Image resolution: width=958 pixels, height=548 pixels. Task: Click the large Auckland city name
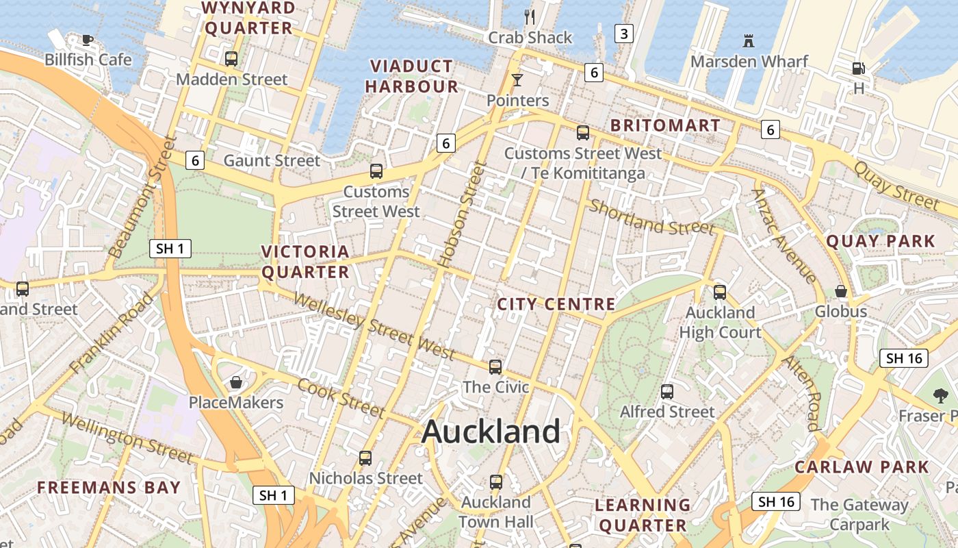tap(491, 432)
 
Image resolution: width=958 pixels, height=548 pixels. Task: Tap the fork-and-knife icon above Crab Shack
tap(529, 16)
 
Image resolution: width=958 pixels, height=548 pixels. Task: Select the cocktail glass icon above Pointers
tap(517, 80)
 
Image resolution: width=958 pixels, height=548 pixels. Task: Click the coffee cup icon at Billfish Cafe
tap(87, 40)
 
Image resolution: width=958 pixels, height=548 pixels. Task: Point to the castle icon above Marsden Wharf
tap(749, 41)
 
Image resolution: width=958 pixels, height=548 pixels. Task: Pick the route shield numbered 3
tap(623, 33)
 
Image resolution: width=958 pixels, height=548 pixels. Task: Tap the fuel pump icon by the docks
tap(858, 68)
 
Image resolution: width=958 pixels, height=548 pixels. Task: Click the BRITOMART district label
tap(665, 125)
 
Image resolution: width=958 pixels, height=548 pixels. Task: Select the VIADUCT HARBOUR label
tap(411, 76)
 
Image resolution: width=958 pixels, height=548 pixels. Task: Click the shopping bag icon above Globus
tap(840, 291)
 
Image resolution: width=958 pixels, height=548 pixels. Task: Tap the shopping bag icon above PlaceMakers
tap(236, 382)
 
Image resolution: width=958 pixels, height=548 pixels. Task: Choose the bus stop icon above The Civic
tap(495, 367)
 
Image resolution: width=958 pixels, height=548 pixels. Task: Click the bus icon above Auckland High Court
tap(720, 292)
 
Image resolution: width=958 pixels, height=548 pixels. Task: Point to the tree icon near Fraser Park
tap(940, 395)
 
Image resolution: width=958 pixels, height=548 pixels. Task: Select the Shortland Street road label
tap(651, 216)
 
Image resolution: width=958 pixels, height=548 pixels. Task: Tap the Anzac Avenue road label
tap(784, 235)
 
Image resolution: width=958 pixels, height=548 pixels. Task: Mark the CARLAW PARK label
tap(862, 467)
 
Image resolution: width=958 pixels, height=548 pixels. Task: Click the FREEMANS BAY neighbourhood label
tap(109, 488)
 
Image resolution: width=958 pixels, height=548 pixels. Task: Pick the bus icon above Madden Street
tap(231, 59)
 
